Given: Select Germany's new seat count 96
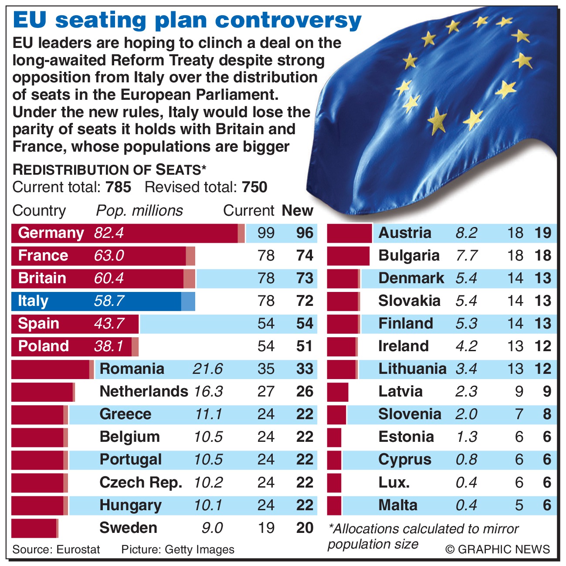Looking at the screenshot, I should pyautogui.click(x=305, y=233).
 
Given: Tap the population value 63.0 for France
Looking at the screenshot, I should pyautogui.click(x=109, y=255).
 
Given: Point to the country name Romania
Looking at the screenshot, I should pyautogui.click(x=132, y=369).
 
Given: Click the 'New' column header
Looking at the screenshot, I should pyautogui.click(x=298, y=210).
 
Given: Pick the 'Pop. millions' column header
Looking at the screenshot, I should pyautogui.click(x=139, y=210).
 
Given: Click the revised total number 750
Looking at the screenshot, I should pyautogui.click(x=254, y=187).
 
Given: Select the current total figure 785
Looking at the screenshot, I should pyautogui.click(x=118, y=187).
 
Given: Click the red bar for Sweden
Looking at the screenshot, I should pyautogui.click(x=34, y=528).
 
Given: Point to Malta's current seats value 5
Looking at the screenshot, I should pyautogui.click(x=519, y=505).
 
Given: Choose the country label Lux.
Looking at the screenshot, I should pyautogui.click(x=394, y=483).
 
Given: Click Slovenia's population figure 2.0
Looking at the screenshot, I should pyautogui.click(x=466, y=414).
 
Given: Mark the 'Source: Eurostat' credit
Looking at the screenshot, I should pyautogui.click(x=56, y=549).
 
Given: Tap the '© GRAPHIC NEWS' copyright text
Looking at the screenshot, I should pyautogui.click(x=498, y=549).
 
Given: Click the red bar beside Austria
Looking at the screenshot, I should pyautogui.click(x=349, y=233).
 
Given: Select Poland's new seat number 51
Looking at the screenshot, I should pyautogui.click(x=305, y=346).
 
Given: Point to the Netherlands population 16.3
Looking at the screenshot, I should pyautogui.click(x=208, y=392).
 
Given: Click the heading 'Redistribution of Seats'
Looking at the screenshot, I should pyautogui.click(x=108, y=169).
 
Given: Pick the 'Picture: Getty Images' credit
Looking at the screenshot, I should pyautogui.click(x=178, y=549).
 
